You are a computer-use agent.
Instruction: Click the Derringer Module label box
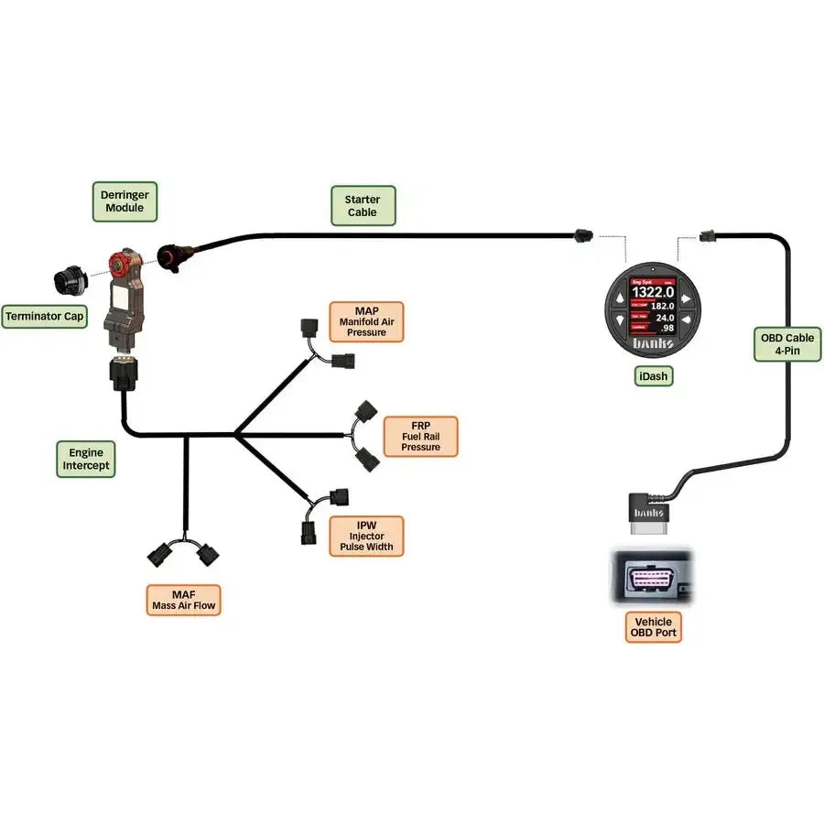point(125,201)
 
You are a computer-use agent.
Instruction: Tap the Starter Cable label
point(363,206)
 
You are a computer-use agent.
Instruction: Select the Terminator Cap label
point(45,317)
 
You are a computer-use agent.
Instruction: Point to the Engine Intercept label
point(86,459)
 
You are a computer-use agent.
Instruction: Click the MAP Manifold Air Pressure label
point(365,321)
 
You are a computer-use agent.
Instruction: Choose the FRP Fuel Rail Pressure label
point(420,436)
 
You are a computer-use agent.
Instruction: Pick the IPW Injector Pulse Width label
point(365,536)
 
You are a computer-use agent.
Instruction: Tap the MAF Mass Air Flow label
point(183,600)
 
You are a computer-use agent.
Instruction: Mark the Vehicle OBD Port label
point(654,627)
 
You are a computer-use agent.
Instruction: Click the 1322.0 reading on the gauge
point(653,291)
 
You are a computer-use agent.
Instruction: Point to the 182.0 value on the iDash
point(662,306)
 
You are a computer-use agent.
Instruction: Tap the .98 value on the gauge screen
point(667,329)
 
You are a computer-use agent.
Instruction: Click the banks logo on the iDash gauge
point(654,344)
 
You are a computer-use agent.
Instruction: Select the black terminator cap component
point(68,278)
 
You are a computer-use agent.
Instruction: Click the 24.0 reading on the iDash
point(664,318)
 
